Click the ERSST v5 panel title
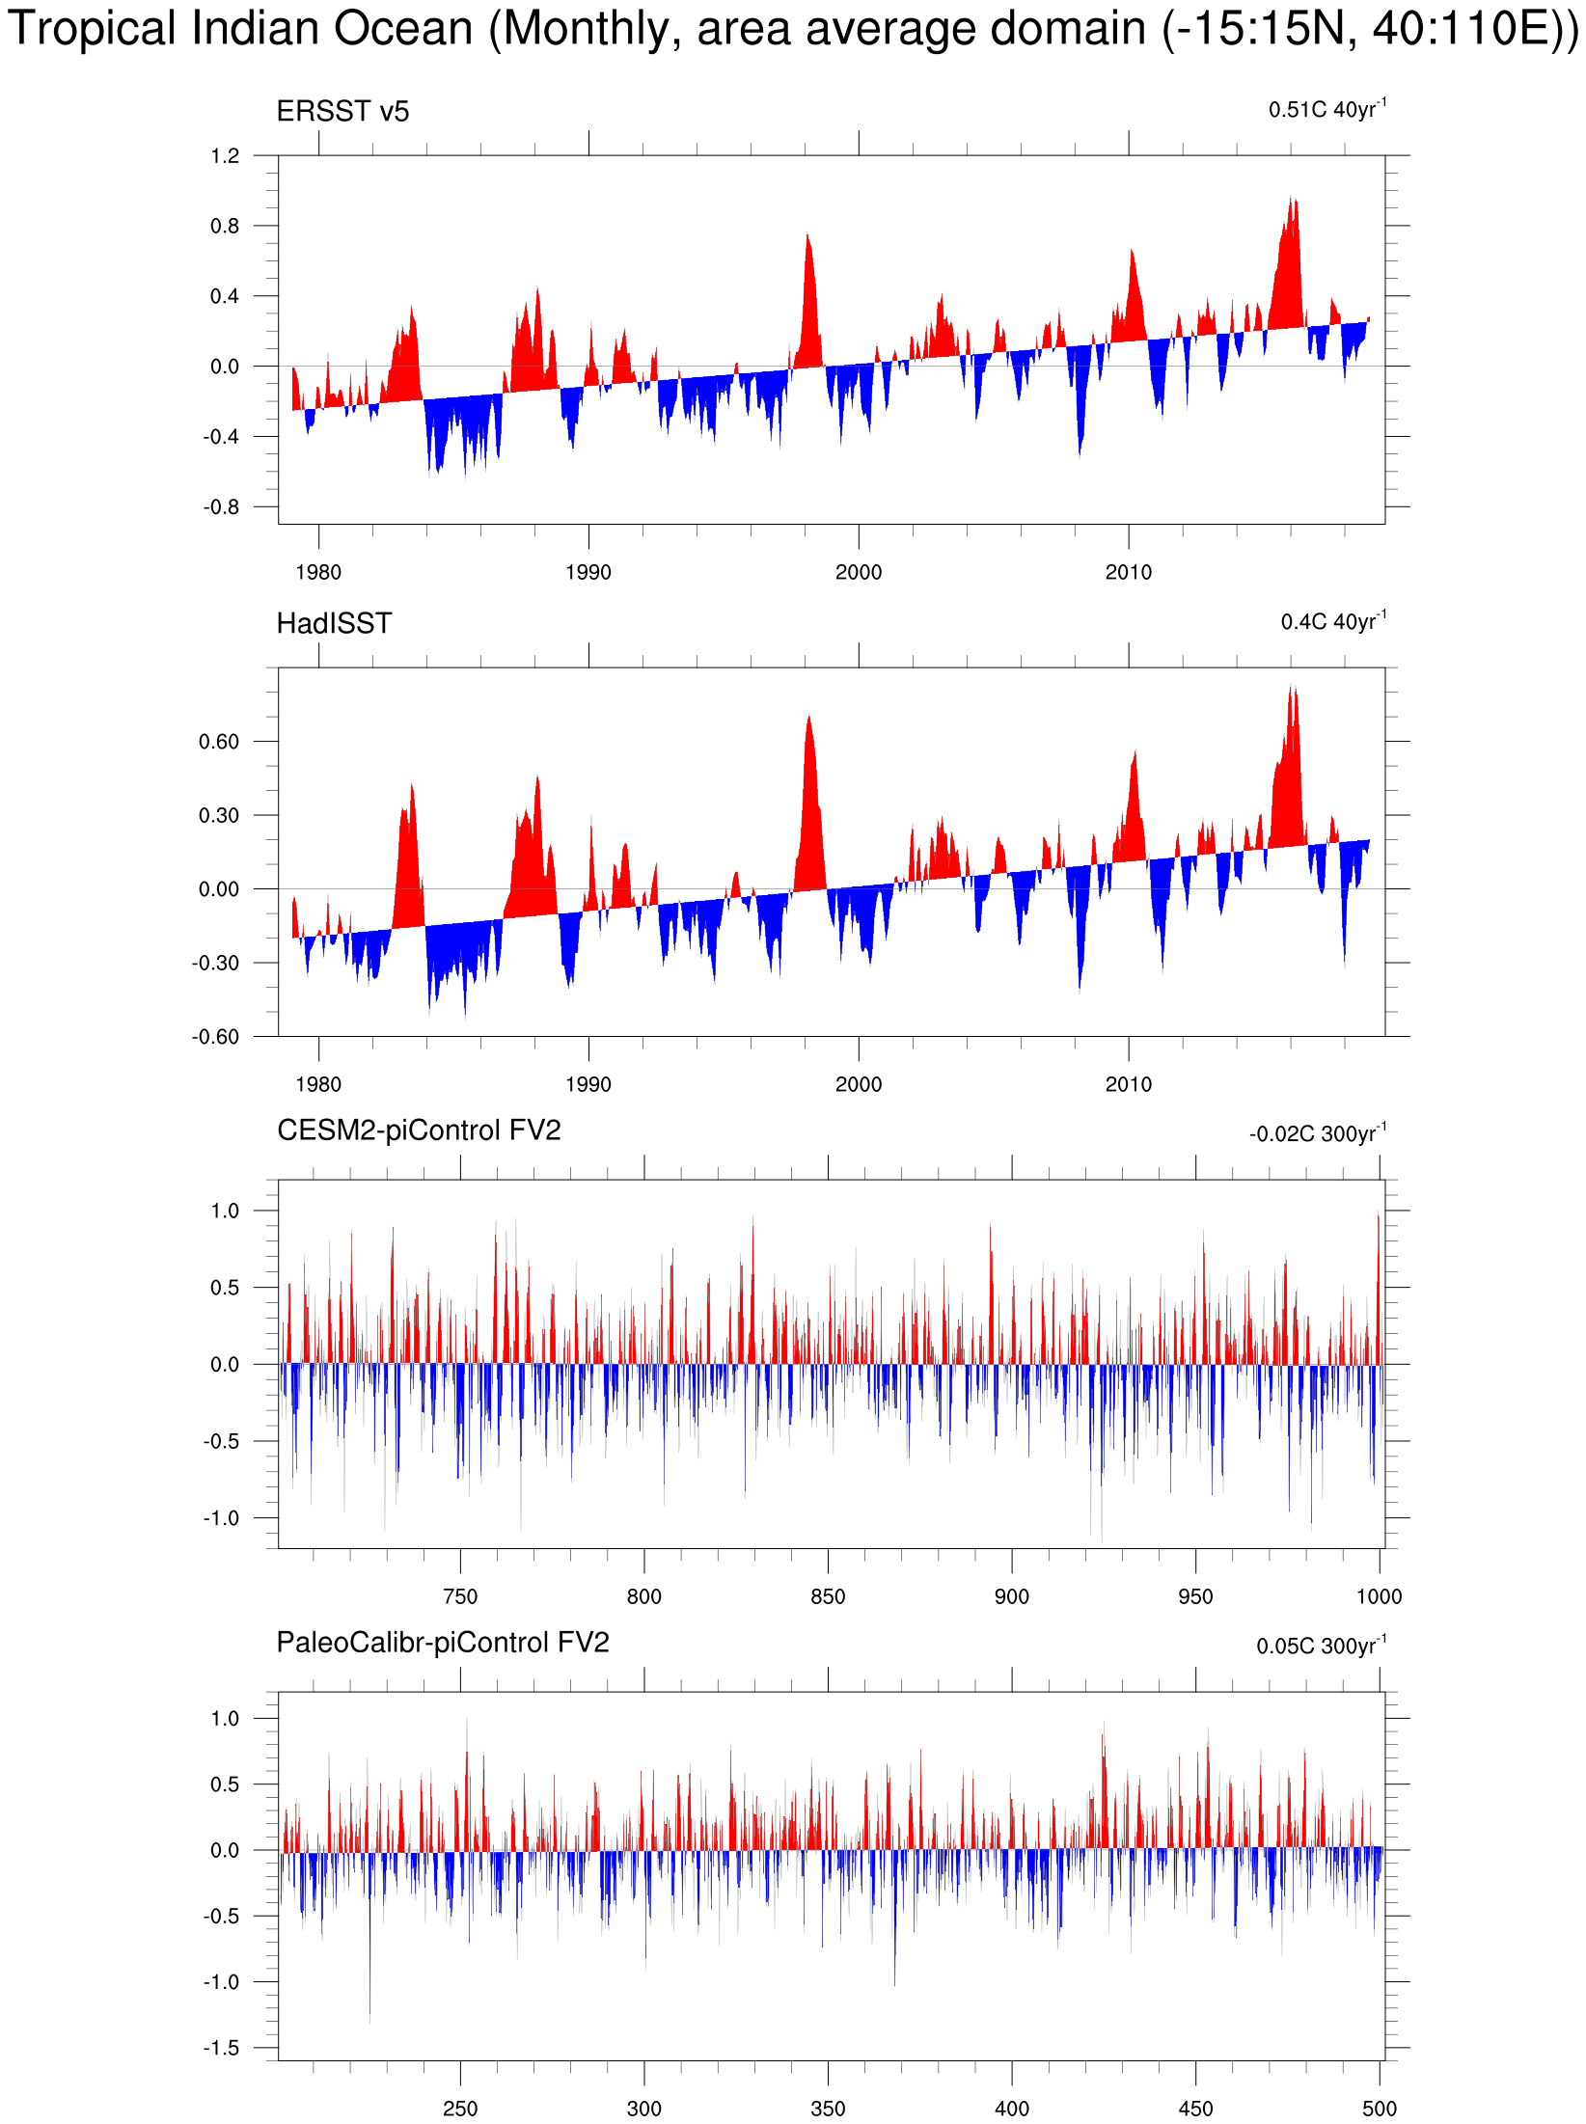click(342, 112)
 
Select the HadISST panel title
click(334, 624)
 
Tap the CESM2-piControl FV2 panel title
click(419, 1130)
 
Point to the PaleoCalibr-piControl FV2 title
click(443, 1643)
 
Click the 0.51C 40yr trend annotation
click(1326, 109)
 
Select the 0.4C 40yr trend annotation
click(1332, 621)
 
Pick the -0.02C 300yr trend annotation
click(1317, 1133)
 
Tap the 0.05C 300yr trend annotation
click(1321, 1646)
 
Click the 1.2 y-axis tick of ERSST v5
click(225, 156)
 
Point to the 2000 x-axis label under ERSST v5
click(858, 572)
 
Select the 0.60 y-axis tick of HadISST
click(219, 742)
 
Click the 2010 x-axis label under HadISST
click(1128, 1084)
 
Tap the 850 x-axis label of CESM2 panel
click(828, 1596)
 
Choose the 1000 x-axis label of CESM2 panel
click(1379, 1596)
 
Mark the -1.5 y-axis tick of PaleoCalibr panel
click(221, 2048)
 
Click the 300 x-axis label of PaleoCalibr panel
click(643, 2109)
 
